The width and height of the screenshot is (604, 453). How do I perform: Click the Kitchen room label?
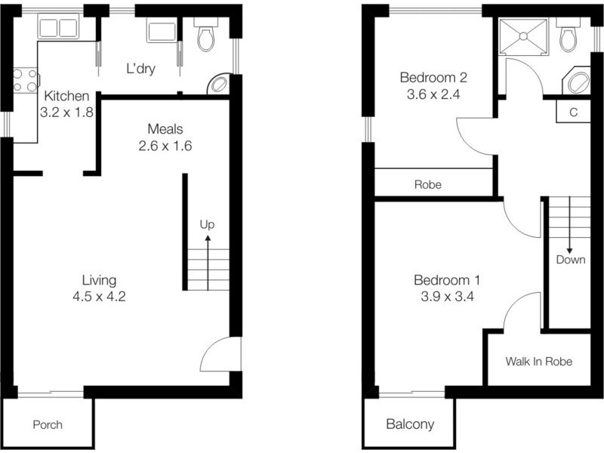coord(67,97)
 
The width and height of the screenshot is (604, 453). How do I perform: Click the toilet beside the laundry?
coord(205,36)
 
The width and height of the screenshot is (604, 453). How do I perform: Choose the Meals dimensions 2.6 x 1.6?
coord(165,145)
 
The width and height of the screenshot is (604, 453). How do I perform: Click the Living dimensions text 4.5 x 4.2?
coord(98,296)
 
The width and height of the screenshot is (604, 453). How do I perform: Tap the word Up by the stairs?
coord(207,224)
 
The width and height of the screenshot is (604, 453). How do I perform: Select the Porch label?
coord(48,424)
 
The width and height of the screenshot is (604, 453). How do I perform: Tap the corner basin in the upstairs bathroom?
coord(578,82)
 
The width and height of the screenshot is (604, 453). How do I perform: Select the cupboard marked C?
coord(573,112)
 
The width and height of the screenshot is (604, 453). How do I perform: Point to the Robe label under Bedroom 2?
coord(427,184)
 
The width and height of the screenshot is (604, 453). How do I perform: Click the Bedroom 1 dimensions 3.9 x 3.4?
coord(447,296)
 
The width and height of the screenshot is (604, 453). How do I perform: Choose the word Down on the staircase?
coord(569,260)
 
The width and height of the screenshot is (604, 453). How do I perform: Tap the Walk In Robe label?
coord(538,362)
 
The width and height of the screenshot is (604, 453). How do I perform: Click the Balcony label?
coord(410,424)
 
